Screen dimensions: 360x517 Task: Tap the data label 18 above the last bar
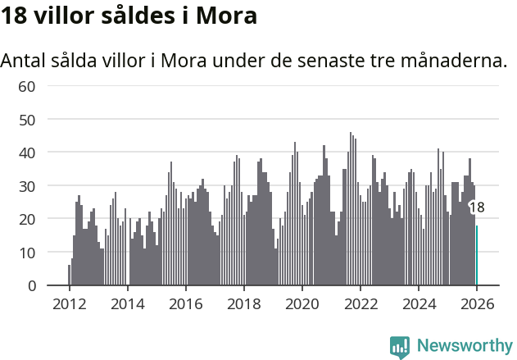tap(476, 208)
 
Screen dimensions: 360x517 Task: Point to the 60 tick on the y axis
tap(27, 86)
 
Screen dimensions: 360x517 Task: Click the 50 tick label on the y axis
tap(27, 120)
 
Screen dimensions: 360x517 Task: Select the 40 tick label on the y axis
tap(27, 153)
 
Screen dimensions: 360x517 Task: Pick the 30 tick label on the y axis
tap(27, 186)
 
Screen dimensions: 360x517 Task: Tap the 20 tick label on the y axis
tap(27, 219)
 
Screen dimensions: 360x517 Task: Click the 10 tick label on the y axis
tap(27, 253)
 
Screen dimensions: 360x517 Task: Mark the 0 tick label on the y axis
tap(31, 286)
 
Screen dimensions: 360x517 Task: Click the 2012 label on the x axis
tap(69, 303)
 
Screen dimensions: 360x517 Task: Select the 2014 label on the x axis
tap(127, 303)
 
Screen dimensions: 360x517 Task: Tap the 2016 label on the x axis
tap(185, 303)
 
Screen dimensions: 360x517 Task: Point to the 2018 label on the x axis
tap(243, 303)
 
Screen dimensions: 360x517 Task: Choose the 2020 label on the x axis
tap(302, 303)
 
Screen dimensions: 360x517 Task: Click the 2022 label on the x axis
tap(360, 303)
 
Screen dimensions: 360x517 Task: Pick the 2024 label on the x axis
tap(419, 303)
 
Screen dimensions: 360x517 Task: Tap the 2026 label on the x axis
tap(477, 303)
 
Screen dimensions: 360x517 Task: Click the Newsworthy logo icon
tap(400, 347)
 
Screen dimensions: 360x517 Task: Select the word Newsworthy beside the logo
tap(465, 346)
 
